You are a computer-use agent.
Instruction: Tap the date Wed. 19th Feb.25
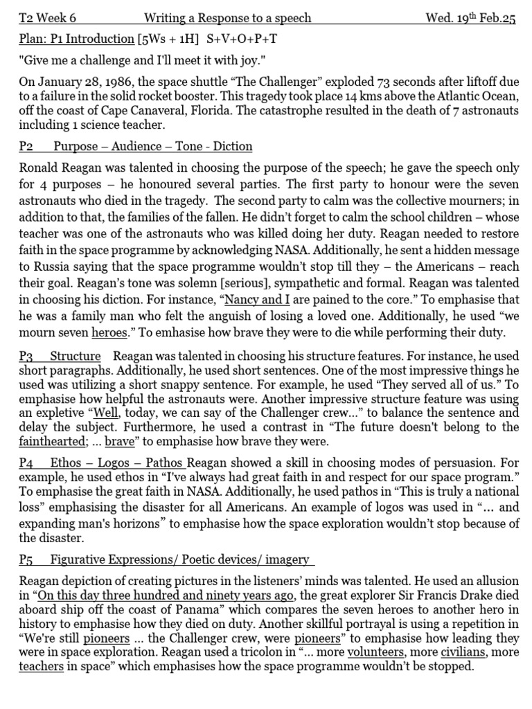point(471,18)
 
